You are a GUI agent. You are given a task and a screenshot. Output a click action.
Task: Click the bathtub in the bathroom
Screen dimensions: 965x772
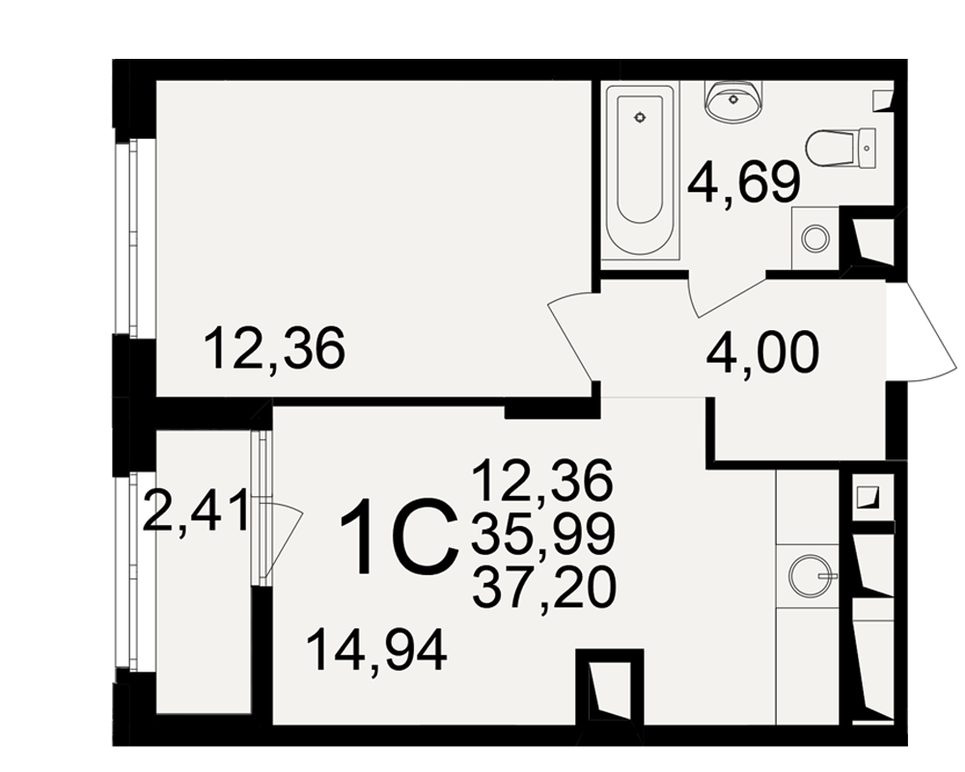coord(640,173)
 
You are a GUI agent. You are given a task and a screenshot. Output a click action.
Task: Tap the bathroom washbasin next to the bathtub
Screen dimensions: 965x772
coord(732,101)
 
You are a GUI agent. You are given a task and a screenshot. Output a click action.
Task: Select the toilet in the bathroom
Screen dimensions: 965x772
coord(841,148)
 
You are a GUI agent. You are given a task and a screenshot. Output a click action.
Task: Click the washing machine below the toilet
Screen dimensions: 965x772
coord(816,238)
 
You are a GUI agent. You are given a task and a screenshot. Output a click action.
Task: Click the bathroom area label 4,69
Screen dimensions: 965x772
coord(743,183)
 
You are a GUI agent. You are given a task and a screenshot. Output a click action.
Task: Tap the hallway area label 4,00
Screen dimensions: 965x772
coord(763,353)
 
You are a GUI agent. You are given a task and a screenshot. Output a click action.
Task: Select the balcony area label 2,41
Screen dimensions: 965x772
coord(195,510)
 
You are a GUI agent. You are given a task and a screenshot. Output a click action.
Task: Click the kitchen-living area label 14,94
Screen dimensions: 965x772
coord(376,651)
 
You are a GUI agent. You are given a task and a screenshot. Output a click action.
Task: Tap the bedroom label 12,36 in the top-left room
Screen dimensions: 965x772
coord(274,348)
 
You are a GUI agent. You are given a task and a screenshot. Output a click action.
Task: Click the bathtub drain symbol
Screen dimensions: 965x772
coord(640,117)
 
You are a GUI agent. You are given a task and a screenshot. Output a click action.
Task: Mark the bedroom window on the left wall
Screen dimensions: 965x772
coord(134,238)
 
